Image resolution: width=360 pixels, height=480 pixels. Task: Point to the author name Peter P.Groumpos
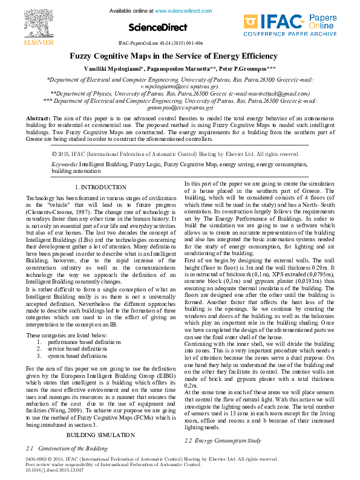tap(241, 70)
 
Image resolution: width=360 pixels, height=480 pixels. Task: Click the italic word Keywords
tap(65, 164)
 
